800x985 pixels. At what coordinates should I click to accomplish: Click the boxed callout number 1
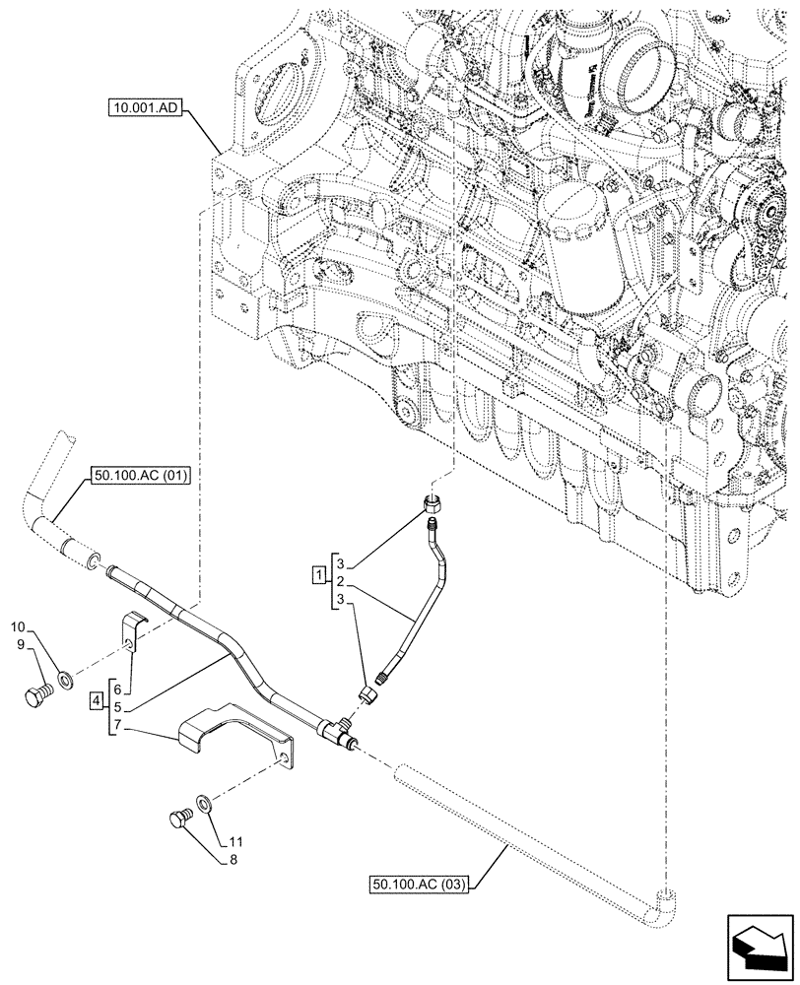(319, 573)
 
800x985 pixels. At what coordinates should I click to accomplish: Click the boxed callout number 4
(96, 701)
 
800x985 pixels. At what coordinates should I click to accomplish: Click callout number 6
(118, 689)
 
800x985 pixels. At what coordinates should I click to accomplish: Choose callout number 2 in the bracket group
(340, 583)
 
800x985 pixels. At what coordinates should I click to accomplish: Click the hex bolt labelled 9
(36, 695)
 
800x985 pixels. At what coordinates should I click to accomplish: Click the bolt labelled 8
(178, 819)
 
